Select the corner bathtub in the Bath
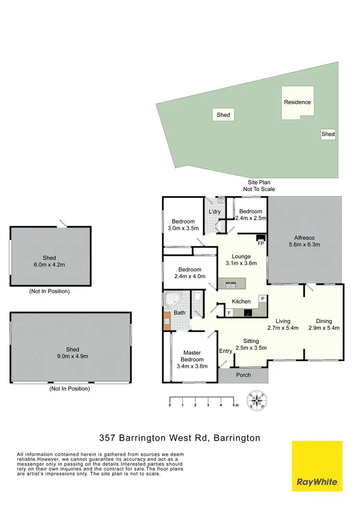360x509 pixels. [x=172, y=300]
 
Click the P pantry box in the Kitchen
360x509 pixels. [x=263, y=298]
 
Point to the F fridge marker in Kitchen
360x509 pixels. [x=229, y=313]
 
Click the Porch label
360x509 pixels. [x=243, y=375]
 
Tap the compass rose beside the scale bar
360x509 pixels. [x=258, y=401]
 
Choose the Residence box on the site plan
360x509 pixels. [x=297, y=102]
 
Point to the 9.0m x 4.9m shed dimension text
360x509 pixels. [x=72, y=356]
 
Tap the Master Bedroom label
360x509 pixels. [x=192, y=359]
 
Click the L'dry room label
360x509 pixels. [x=214, y=212]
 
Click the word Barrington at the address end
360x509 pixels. [x=237, y=438]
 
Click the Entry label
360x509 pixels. [x=226, y=351]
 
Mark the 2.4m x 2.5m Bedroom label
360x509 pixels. [x=251, y=214]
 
